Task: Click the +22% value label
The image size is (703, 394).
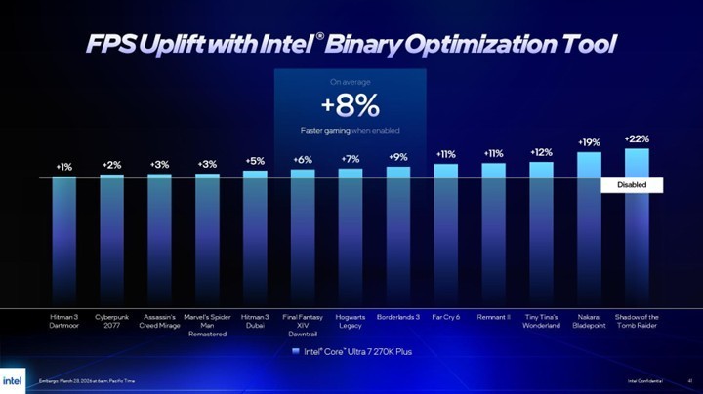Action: (637, 138)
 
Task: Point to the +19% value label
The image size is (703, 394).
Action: (589, 142)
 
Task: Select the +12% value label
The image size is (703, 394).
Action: (541, 152)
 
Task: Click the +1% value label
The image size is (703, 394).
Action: (63, 167)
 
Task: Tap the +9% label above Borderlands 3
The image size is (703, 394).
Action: (398, 157)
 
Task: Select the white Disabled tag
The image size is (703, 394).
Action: (632, 184)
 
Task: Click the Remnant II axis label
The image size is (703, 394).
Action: (493, 317)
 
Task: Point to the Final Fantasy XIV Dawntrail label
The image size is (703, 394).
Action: (303, 325)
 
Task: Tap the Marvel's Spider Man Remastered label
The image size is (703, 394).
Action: (207, 325)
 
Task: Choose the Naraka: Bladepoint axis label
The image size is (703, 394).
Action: (589, 321)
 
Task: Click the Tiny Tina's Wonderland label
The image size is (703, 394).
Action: (541, 321)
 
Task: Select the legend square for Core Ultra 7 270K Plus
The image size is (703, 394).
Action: (297, 351)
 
